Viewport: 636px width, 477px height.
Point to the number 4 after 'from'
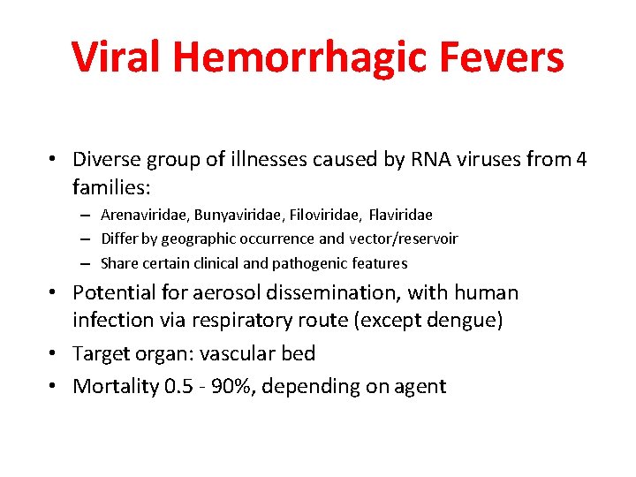580,160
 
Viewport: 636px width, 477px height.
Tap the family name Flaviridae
401,215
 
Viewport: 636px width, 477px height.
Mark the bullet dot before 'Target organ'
55,353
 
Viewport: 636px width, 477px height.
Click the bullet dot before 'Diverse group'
55,160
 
